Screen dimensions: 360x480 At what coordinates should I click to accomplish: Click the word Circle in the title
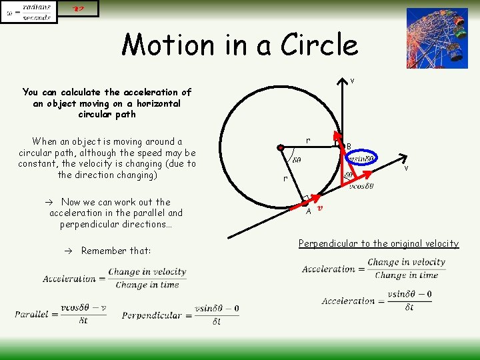(320, 45)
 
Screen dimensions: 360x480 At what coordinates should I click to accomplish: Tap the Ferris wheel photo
(437, 38)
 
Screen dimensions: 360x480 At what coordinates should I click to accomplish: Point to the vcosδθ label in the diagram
(361, 186)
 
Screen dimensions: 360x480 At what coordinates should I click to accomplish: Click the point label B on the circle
(349, 147)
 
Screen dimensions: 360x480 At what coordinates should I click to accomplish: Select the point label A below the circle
(309, 211)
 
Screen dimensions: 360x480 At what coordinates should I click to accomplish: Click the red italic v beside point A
(320, 208)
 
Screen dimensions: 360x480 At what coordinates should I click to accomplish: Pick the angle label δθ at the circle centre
(295, 160)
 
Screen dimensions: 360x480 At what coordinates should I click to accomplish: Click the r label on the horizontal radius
(307, 141)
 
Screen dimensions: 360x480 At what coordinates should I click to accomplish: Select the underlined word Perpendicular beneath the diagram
(327, 243)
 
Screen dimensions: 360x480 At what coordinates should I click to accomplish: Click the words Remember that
(116, 251)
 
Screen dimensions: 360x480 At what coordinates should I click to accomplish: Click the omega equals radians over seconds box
(29, 11)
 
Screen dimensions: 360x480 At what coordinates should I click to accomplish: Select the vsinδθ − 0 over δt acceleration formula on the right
(377, 300)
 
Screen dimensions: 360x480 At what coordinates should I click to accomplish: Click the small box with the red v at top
(79, 8)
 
